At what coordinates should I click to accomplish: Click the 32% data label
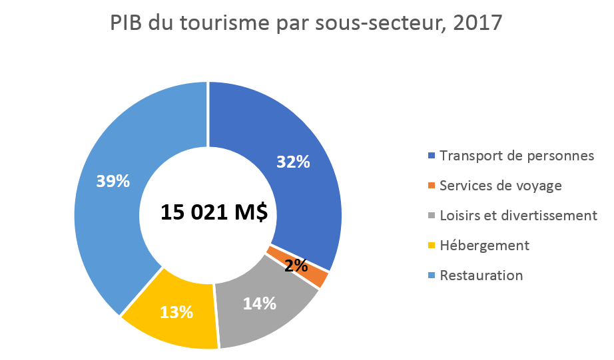click(x=293, y=162)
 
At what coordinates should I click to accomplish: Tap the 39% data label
click(x=113, y=181)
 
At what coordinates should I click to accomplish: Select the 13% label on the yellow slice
click(x=176, y=311)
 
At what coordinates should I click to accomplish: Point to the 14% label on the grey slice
click(x=259, y=303)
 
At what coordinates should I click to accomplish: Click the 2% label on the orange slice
click(x=296, y=266)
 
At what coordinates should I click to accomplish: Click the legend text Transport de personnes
click(x=517, y=156)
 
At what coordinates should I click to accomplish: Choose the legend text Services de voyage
click(x=501, y=186)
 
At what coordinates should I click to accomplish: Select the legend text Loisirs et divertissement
click(x=518, y=216)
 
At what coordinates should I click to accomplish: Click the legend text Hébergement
click(x=484, y=246)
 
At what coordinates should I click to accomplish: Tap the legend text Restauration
click(x=481, y=275)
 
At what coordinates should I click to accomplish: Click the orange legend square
click(x=432, y=186)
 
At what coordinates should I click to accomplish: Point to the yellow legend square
click(x=432, y=246)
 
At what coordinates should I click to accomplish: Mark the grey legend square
click(x=432, y=216)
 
